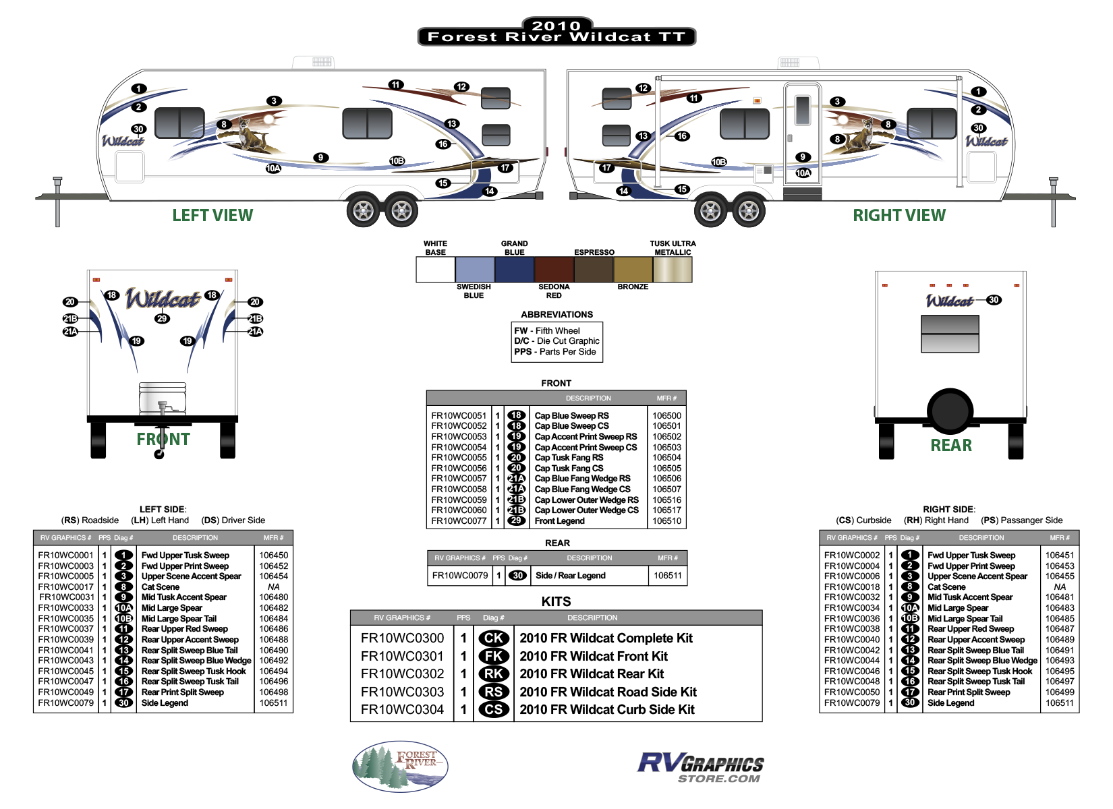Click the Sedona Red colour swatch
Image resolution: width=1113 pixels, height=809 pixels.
[554, 269]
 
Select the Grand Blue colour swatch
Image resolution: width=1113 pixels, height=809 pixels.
[514, 269]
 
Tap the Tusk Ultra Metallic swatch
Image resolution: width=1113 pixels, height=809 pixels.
[673, 269]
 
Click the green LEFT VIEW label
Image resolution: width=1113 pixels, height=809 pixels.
[212, 215]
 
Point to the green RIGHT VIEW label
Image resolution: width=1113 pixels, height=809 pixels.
[899, 215]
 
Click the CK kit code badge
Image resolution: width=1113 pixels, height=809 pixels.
[493, 638]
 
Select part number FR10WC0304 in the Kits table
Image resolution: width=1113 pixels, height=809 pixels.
[402, 709]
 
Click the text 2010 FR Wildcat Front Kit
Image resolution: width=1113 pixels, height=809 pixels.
[594, 656]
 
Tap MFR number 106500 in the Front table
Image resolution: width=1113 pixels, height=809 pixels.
[666, 416]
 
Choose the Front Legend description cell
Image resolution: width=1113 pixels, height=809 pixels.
[560, 521]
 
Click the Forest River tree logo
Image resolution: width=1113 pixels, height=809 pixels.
[400, 766]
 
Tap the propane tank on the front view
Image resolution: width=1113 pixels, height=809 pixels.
[162, 398]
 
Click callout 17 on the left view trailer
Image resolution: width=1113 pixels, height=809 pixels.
[505, 168]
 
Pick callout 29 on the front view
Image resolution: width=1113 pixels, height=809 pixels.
[162, 318]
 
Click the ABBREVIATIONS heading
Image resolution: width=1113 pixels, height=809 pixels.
[556, 315]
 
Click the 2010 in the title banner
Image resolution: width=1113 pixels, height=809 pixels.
[556, 26]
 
